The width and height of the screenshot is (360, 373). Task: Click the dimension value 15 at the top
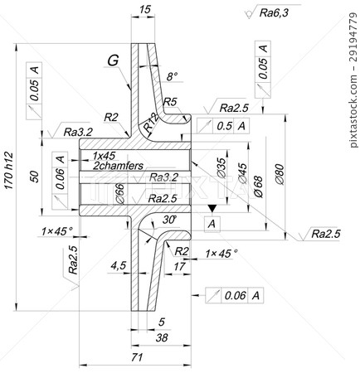pyautogui.click(x=145, y=10)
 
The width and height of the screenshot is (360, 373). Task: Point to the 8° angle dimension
pyautogui.click(x=172, y=76)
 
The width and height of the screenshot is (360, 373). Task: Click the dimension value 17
pyautogui.click(x=180, y=267)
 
